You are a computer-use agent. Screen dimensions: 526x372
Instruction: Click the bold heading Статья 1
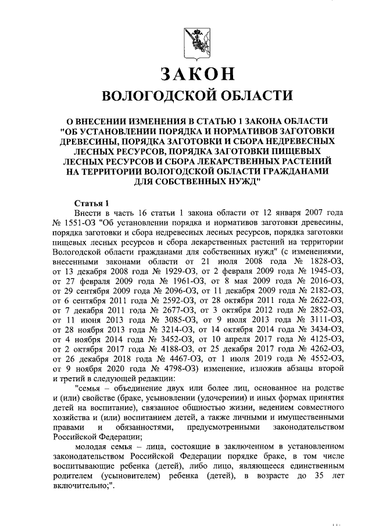pyautogui.click(x=92, y=203)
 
